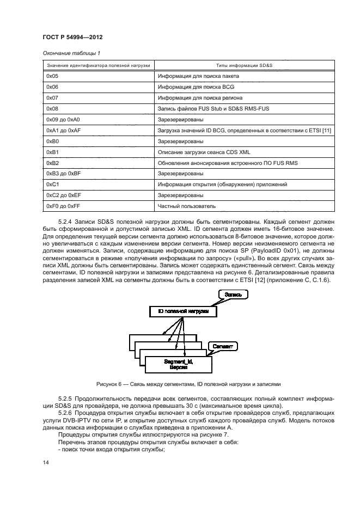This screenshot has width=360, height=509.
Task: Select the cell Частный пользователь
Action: (x=187, y=206)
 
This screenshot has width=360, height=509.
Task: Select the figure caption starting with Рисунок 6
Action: (x=188, y=384)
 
